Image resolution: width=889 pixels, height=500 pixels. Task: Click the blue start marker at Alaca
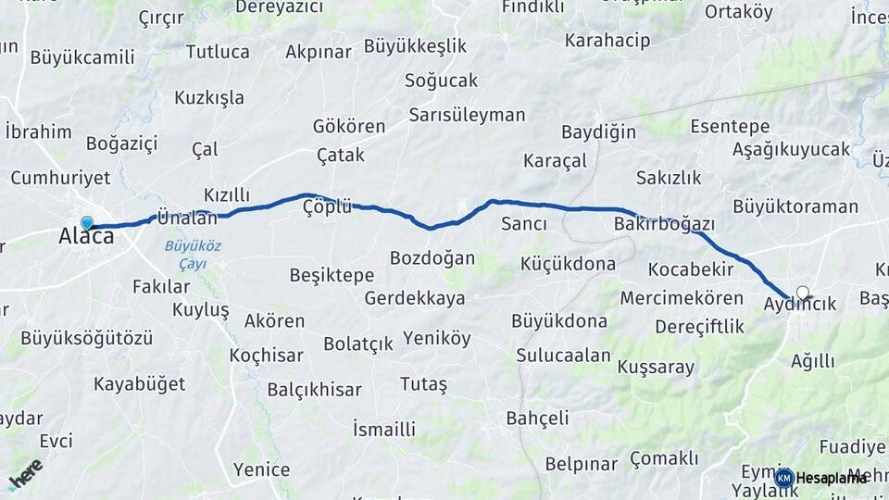tap(87, 223)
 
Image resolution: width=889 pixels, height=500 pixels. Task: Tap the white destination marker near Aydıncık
tap(803, 294)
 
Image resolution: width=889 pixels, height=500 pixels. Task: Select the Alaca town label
tap(86, 237)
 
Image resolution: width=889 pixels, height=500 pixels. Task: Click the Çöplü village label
tap(328, 206)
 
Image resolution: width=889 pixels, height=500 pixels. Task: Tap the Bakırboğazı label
tap(664, 224)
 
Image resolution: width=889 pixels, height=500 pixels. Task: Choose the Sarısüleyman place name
tap(467, 116)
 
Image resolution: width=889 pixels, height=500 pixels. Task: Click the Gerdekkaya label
tap(415, 298)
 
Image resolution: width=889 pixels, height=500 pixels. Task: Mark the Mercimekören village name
tap(682, 298)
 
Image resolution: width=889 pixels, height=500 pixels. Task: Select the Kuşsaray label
tap(656, 368)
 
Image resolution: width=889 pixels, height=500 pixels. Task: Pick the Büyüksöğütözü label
tap(86, 337)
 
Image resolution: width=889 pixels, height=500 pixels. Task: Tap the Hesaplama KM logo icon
tap(784, 478)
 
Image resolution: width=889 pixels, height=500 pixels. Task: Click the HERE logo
tap(25, 473)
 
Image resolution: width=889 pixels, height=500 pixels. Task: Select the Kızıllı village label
tap(227, 194)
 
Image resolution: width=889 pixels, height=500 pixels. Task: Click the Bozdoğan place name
tap(432, 257)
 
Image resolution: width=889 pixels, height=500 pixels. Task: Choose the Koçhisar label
tap(267, 356)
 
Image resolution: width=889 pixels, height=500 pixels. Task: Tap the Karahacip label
tap(607, 41)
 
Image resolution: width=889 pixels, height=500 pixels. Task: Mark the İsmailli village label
tap(384, 429)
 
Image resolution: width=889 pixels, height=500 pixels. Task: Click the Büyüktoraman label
tap(795, 206)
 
